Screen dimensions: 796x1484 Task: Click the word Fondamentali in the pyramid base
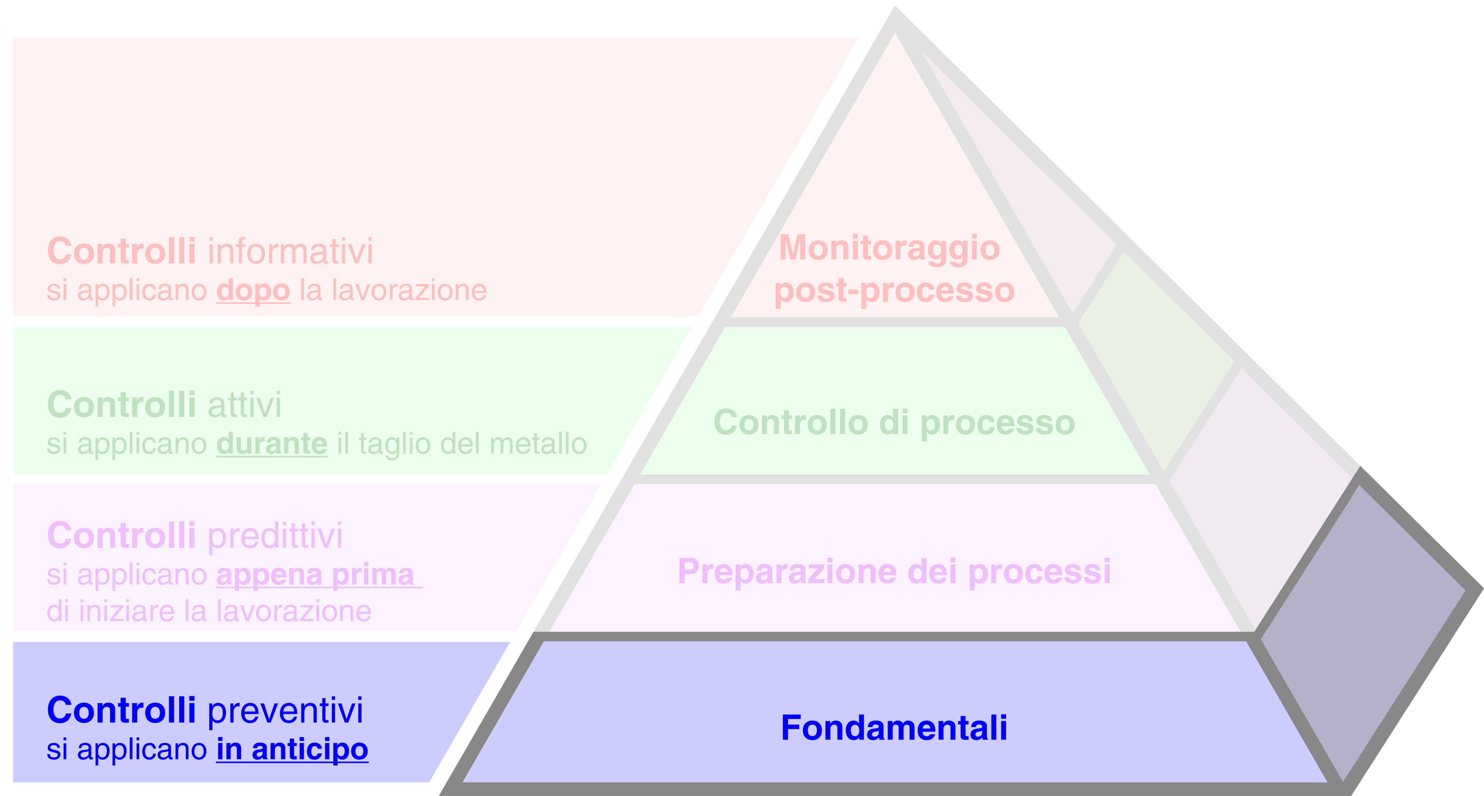pyautogui.click(x=894, y=728)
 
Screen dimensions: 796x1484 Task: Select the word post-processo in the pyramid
pyautogui.click(x=894, y=290)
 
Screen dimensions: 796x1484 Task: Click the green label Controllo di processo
pyautogui.click(x=894, y=422)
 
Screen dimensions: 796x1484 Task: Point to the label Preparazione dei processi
pyautogui.click(x=894, y=571)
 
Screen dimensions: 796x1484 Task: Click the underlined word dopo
pyautogui.click(x=253, y=290)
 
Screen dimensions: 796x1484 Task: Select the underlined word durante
pyautogui.click(x=271, y=444)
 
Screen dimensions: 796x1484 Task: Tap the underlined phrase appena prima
pyautogui.click(x=316, y=574)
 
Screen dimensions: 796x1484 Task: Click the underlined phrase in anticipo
pyautogui.click(x=292, y=749)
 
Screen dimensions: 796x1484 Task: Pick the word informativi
pyautogui.click(x=290, y=252)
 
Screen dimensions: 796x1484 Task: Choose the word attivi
pyautogui.click(x=244, y=405)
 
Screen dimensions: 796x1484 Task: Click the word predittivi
pyautogui.click(x=275, y=536)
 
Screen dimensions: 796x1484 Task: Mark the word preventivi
pyautogui.click(x=285, y=710)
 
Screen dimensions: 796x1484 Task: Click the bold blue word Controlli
pyautogui.click(x=121, y=710)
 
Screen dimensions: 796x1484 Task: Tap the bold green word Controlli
pyautogui.click(x=121, y=405)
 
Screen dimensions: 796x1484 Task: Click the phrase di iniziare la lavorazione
pyautogui.click(x=209, y=611)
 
